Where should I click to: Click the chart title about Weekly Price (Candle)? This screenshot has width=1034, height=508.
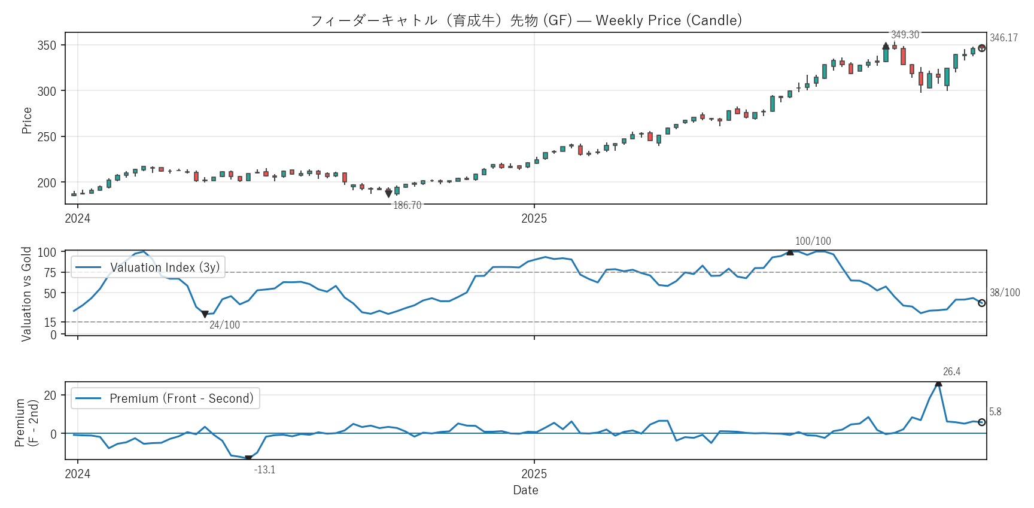tap(526, 20)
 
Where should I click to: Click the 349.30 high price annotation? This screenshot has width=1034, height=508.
tap(905, 35)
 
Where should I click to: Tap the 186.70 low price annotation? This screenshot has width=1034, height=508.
tap(407, 205)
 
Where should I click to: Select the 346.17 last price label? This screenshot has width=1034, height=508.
tap(1003, 38)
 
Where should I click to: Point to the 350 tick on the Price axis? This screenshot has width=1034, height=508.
tap(47, 45)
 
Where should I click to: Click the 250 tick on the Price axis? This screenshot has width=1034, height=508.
tap(47, 137)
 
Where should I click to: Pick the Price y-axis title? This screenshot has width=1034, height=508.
tap(27, 120)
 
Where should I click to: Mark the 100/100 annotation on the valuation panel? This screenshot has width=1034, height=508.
tap(813, 241)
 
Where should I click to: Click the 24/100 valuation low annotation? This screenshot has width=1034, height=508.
tap(224, 325)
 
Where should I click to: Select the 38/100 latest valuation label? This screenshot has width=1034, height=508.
tap(1005, 293)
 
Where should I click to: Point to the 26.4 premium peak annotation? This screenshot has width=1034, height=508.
tap(951, 372)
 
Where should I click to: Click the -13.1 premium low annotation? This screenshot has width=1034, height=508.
tap(264, 470)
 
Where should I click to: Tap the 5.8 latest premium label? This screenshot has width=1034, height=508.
tap(995, 412)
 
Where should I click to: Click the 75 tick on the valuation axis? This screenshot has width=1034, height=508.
tap(50, 273)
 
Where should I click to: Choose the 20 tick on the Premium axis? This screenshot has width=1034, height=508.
tap(50, 395)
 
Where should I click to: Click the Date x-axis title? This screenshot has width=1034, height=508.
tap(525, 490)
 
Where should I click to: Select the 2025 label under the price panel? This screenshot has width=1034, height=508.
tap(534, 218)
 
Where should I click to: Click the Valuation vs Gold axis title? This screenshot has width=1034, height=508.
tap(26, 294)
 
